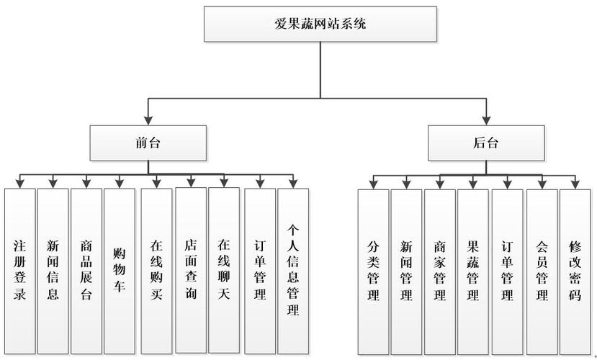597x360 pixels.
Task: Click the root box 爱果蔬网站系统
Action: pos(320,24)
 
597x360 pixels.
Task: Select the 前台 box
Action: pos(148,143)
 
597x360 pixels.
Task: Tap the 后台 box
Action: pos(487,143)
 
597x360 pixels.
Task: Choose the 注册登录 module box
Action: pos(19,271)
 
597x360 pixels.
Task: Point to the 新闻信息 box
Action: pos(53,271)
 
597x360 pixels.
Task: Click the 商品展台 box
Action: pos(86,271)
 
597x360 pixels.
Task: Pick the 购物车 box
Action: pos(120,271)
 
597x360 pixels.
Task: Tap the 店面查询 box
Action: pos(191,271)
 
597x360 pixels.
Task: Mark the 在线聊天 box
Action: pos(224,271)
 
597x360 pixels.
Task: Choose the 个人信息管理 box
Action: pos(293,271)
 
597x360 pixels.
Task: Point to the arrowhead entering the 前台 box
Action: pos(148,120)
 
